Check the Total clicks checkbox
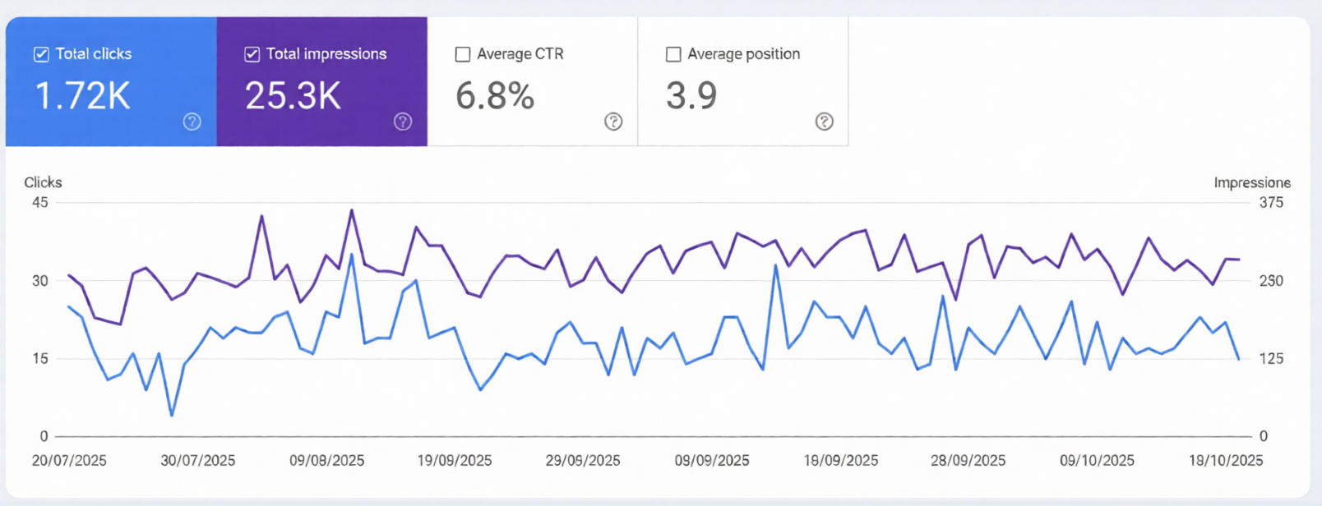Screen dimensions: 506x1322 (x=41, y=54)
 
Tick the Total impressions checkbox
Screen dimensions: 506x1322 (x=252, y=54)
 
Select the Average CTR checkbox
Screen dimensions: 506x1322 (x=463, y=54)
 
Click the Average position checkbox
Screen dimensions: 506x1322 (x=673, y=54)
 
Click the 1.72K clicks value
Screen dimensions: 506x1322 (x=82, y=96)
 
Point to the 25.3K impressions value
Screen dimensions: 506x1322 (x=293, y=96)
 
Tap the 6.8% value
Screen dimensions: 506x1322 (x=495, y=96)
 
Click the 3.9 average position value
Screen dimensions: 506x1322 (x=691, y=96)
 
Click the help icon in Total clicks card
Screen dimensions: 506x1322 (x=192, y=122)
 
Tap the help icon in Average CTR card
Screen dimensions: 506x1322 (x=613, y=122)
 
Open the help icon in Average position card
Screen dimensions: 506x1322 (x=824, y=122)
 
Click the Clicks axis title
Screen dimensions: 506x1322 (x=43, y=182)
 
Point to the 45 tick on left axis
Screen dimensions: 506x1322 (x=39, y=202)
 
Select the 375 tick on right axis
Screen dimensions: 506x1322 (x=1270, y=202)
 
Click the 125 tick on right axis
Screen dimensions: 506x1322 (x=1271, y=358)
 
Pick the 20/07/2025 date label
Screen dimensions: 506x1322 (x=69, y=461)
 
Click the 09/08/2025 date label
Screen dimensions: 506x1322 (x=326, y=461)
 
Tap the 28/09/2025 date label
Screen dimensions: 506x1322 (x=968, y=461)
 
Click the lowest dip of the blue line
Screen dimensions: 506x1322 (x=172, y=416)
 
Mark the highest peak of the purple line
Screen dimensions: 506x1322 (x=352, y=210)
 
